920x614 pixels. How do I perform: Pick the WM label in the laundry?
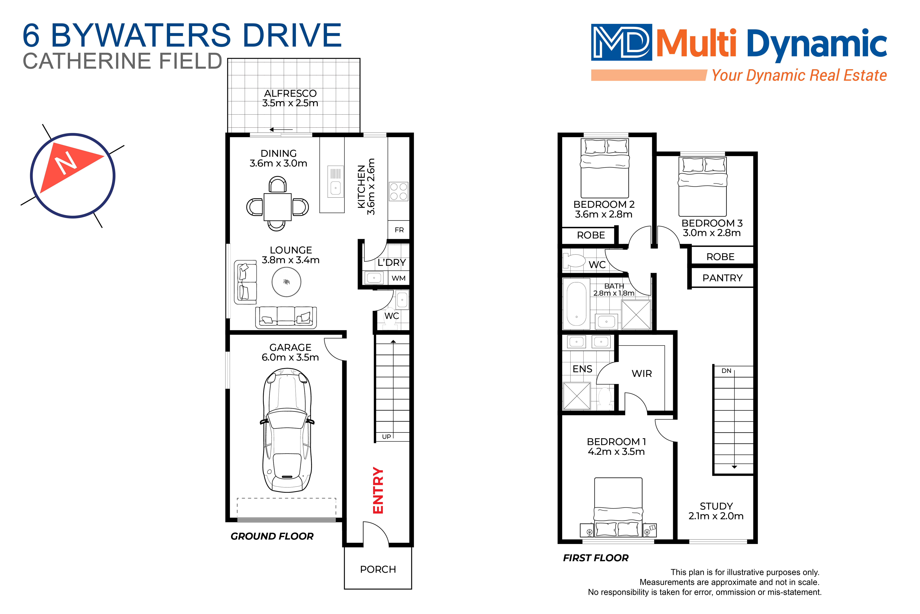pos(398,278)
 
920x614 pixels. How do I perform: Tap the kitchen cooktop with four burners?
pos(398,191)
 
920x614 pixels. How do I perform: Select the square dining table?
pos(277,207)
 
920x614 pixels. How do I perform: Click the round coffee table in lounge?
pos(286,282)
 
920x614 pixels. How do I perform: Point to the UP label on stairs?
pos(386,437)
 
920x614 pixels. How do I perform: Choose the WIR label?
pos(642,374)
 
